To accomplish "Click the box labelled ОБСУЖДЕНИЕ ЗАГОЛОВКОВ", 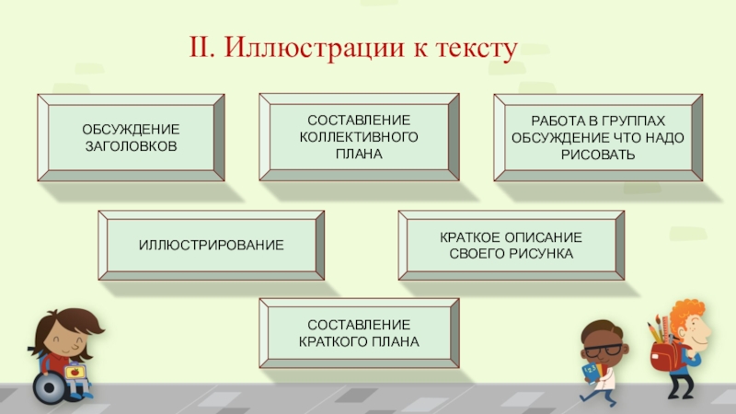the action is click(x=131, y=137).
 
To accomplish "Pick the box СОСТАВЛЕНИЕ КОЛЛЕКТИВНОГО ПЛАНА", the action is click(x=359, y=137).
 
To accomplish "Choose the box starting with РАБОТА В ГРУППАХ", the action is click(x=598, y=137).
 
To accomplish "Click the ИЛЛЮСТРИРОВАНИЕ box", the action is click(x=212, y=246).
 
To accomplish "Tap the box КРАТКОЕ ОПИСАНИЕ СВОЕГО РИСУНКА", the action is click(x=511, y=245).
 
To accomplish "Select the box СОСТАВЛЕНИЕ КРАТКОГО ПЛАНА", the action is click(x=359, y=333).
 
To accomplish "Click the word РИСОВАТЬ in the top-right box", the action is click(x=598, y=154).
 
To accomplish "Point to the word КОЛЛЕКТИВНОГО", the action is click(x=359, y=137).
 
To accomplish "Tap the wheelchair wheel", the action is click(x=49, y=387).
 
